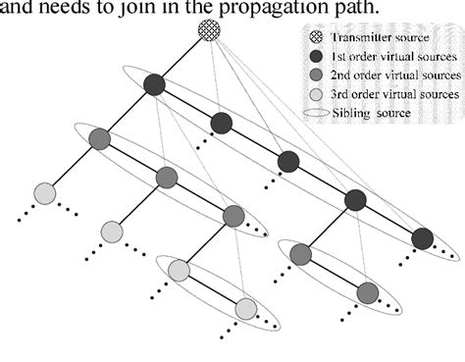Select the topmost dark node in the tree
(155, 86)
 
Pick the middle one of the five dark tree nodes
(288, 161)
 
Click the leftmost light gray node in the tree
(44, 194)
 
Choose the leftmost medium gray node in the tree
(99, 139)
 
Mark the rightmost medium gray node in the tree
(368, 292)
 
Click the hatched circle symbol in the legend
(314, 39)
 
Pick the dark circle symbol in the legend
(314, 58)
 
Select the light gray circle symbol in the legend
(314, 94)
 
